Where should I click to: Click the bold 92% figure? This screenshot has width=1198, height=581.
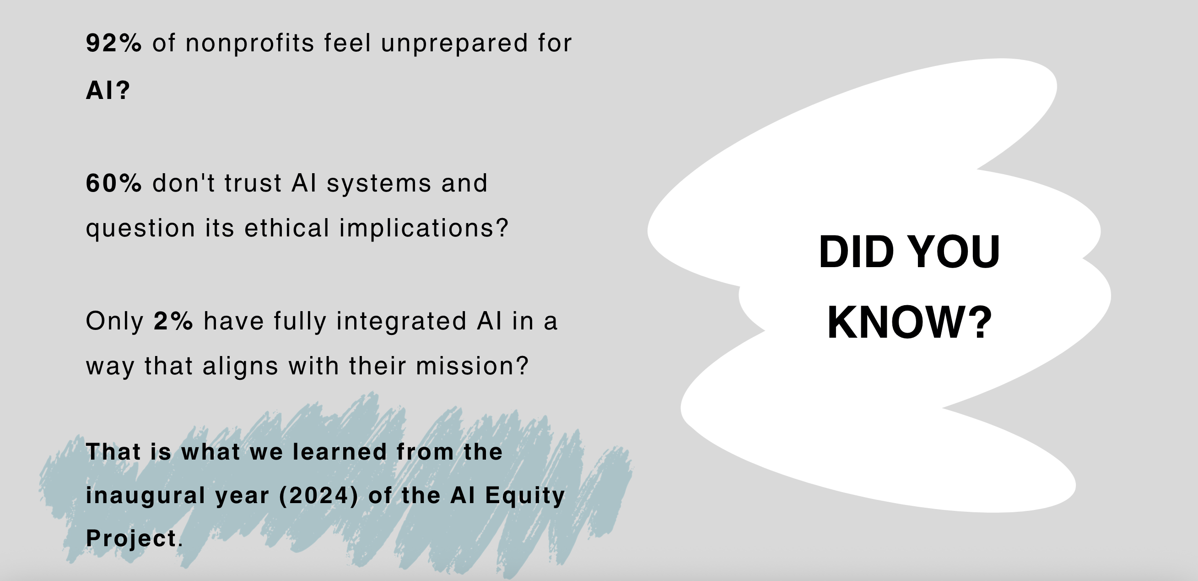tap(114, 43)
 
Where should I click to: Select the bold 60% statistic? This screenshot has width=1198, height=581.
tap(114, 182)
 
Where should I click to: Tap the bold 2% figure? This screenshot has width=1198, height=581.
tap(173, 321)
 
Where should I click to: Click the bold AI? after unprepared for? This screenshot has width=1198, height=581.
tap(108, 90)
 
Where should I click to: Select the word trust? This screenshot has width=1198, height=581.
tap(253, 182)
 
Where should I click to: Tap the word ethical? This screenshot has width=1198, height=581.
tap(286, 228)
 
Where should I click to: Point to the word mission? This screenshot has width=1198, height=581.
tap(472, 366)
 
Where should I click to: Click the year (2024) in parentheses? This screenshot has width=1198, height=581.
tap(318, 495)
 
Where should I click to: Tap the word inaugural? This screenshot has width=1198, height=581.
tap(145, 495)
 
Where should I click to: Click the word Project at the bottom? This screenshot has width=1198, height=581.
tap(131, 539)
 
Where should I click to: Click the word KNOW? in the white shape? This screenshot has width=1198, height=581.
tap(910, 322)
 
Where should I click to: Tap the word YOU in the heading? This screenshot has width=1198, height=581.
tap(954, 252)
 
